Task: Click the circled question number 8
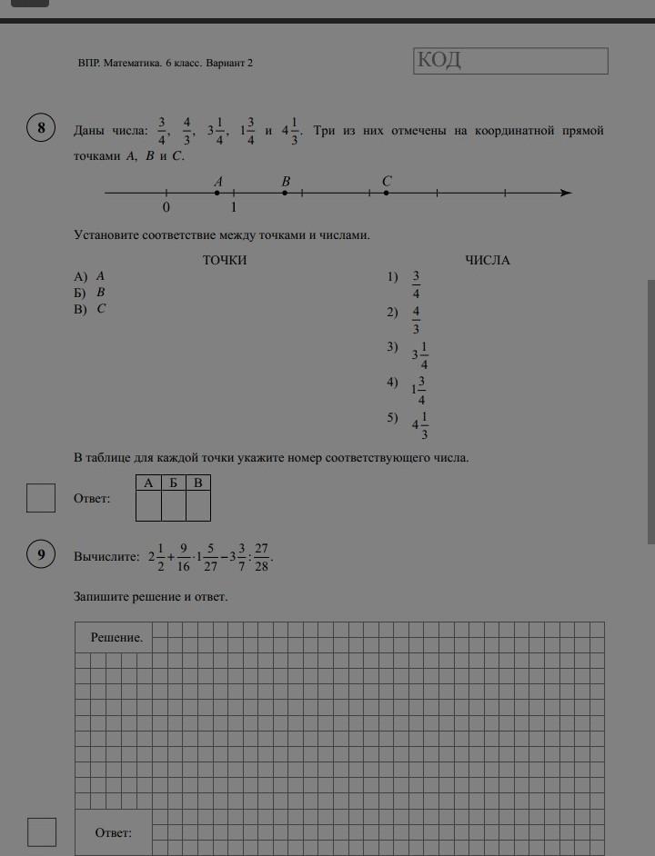coord(41,128)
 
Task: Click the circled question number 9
coord(41,554)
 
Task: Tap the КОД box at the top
coord(509,61)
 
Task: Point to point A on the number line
coord(217,193)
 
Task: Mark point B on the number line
coord(286,193)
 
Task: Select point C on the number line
coord(387,193)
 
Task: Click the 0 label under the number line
coord(166,207)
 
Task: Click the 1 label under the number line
coord(234,207)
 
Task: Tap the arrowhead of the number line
coord(566,193)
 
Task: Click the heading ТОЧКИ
coord(225,261)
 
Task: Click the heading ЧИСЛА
coord(488,261)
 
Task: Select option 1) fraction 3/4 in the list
coord(416,284)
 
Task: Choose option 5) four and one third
coord(419,424)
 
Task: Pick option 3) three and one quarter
coord(419,354)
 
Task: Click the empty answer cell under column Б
coord(174,505)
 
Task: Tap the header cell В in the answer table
coord(198,483)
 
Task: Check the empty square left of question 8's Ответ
coord(41,498)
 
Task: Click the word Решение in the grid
coord(116,638)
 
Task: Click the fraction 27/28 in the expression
coord(261,557)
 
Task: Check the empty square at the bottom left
coord(41,832)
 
